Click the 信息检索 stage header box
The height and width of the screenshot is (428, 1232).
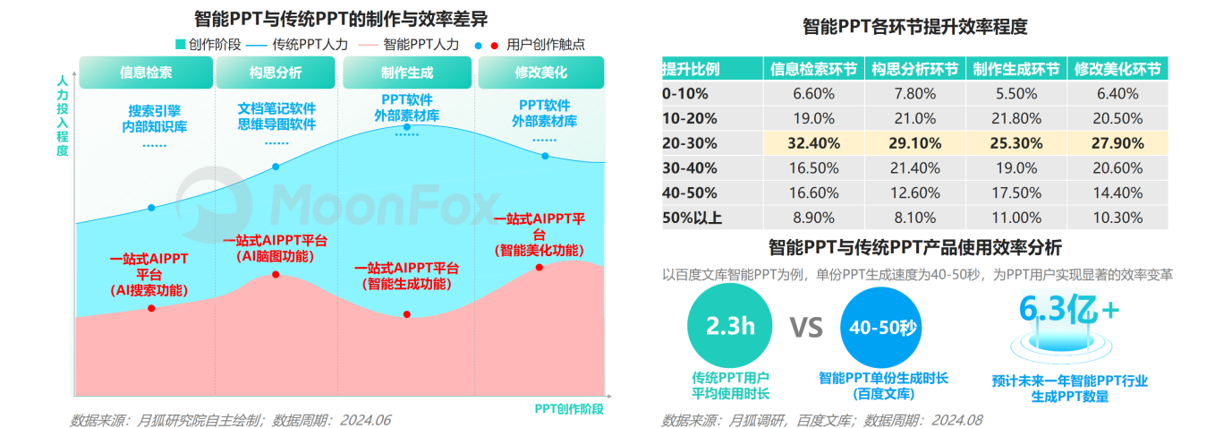[146, 73]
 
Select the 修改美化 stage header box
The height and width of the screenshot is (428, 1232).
[540, 73]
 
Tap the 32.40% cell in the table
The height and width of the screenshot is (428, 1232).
[812, 142]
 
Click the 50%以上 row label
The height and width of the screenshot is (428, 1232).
[692, 218]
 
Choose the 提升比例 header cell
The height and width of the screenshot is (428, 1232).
[691, 69]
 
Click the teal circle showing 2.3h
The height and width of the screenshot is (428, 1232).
[730, 326]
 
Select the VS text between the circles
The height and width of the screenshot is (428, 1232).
[805, 328]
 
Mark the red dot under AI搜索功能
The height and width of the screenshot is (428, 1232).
[151, 308]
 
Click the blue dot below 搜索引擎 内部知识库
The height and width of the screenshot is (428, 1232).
[151, 208]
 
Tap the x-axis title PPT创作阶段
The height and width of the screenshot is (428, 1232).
[569, 408]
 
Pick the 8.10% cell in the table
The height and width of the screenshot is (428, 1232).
[914, 218]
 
